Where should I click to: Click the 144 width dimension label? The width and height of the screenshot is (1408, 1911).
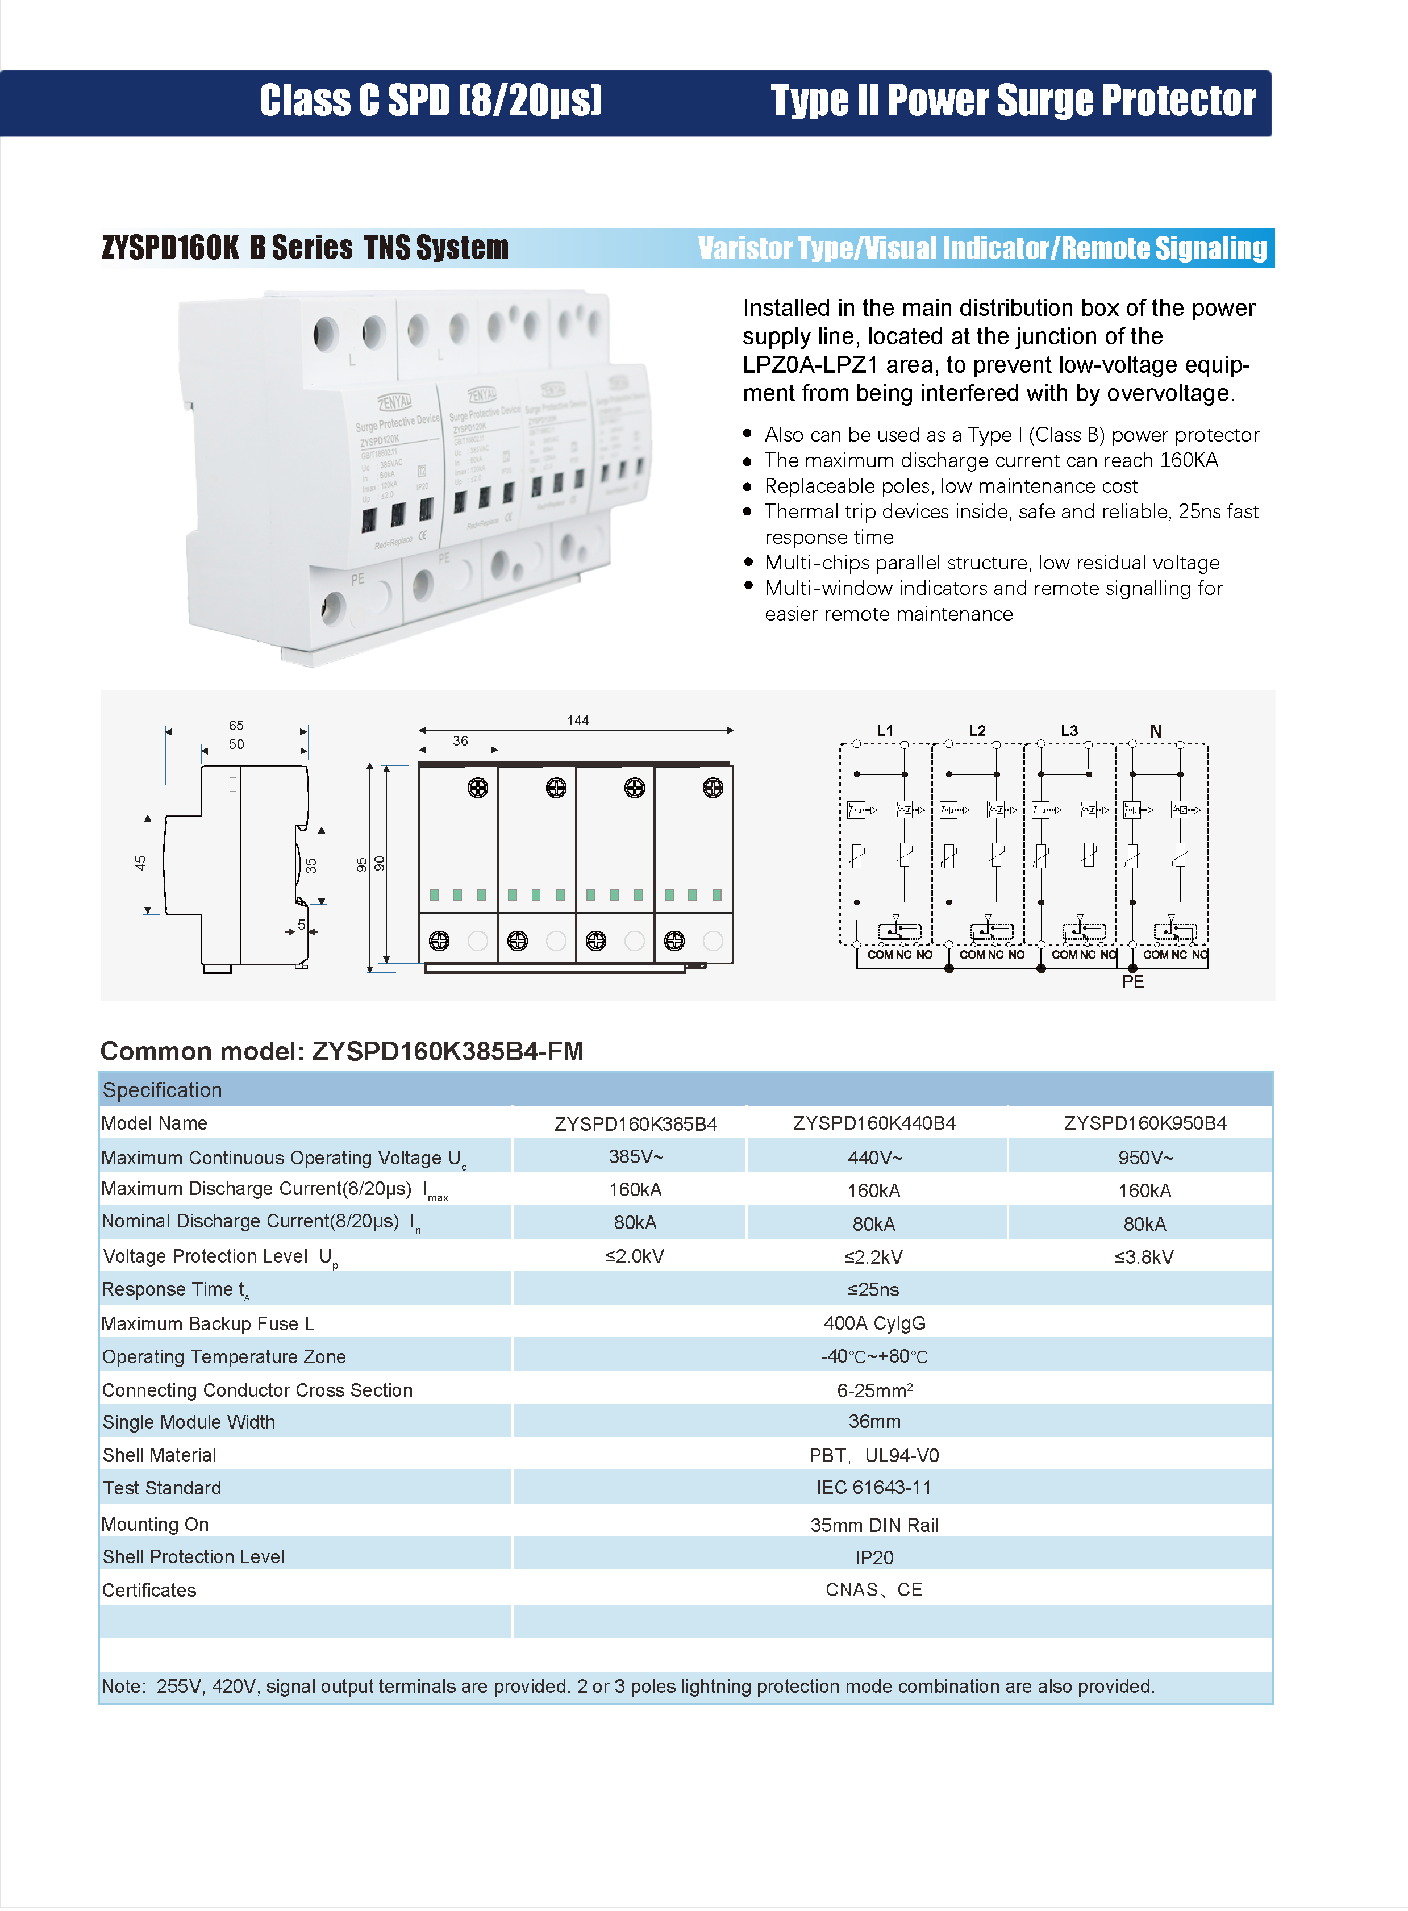(577, 721)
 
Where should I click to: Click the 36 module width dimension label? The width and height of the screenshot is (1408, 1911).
(460, 741)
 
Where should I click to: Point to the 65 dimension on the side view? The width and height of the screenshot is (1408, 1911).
(236, 725)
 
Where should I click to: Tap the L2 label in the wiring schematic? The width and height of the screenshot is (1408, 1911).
(977, 731)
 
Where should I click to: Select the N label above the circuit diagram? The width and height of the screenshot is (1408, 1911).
(1156, 731)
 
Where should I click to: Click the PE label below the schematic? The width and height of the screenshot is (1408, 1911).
(1133, 982)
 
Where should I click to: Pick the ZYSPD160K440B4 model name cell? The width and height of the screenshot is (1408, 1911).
(874, 1123)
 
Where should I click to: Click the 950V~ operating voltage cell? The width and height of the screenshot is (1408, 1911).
(1144, 1158)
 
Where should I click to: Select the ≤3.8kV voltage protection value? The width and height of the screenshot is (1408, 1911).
(1144, 1257)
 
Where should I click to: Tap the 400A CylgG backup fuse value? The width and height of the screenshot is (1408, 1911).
(874, 1323)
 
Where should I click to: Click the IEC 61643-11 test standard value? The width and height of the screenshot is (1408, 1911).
(874, 1488)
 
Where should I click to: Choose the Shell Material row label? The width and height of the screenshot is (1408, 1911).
(159, 1455)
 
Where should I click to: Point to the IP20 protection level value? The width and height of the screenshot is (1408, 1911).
(874, 1557)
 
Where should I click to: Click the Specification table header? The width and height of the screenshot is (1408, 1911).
(162, 1090)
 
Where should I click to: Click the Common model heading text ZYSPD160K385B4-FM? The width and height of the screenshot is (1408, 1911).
(447, 1051)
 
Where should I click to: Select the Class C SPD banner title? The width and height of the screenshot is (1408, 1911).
(431, 101)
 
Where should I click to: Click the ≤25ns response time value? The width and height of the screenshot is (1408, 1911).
(874, 1290)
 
